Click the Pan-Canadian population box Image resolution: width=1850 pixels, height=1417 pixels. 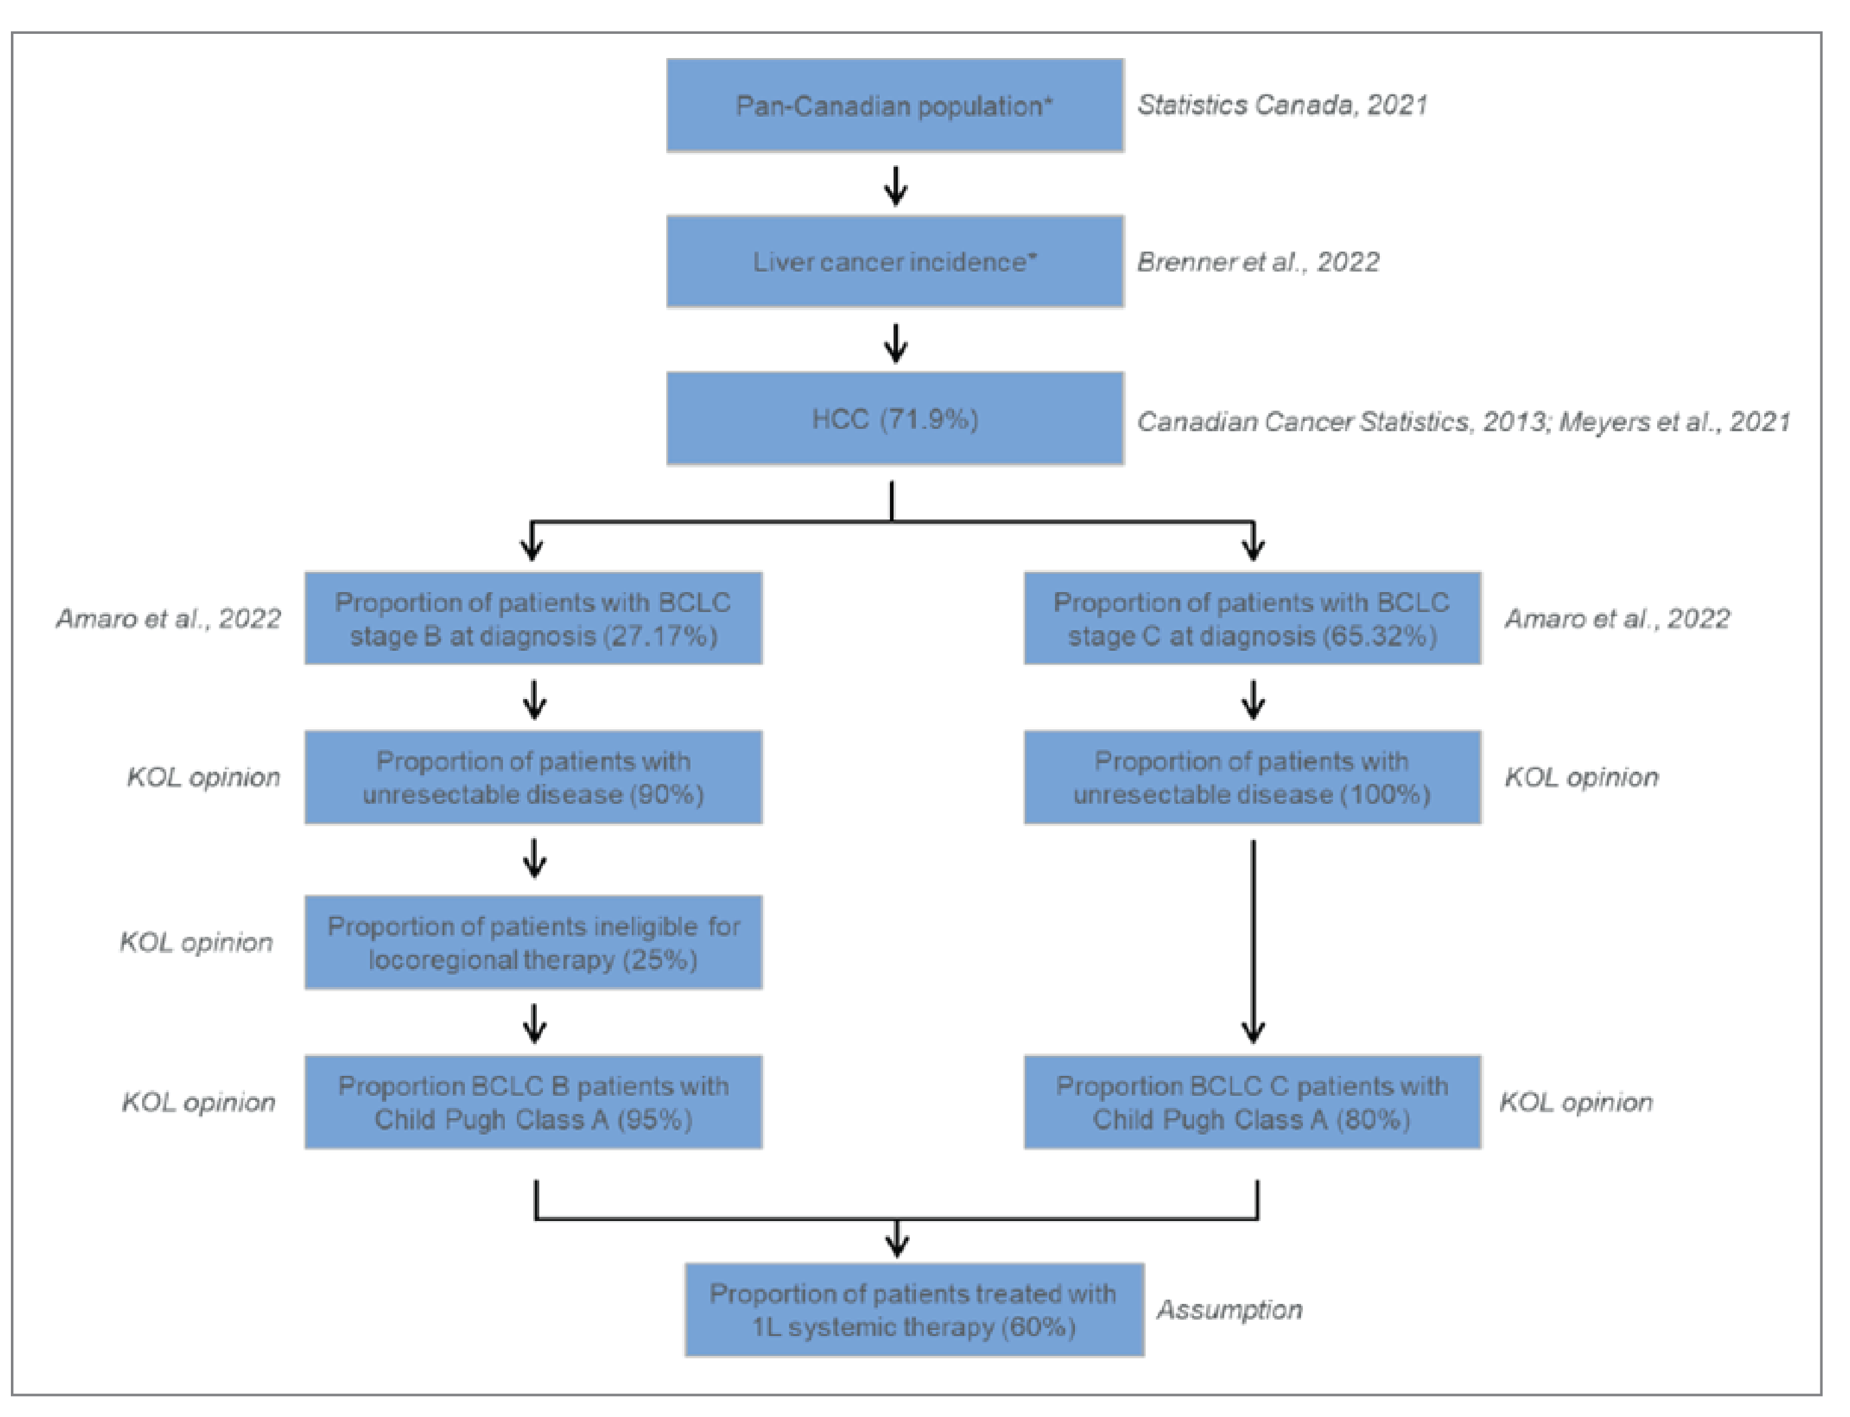tap(895, 105)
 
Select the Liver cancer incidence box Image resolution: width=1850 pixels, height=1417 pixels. tap(895, 261)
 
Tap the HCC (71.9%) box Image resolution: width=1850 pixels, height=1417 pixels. tap(895, 419)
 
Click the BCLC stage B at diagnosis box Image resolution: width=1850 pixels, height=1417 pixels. tap(533, 618)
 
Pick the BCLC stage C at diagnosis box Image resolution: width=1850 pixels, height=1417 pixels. tap(1252, 618)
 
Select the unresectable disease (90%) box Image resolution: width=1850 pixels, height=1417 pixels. tap(533, 777)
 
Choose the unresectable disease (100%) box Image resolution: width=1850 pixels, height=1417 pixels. tap(1252, 777)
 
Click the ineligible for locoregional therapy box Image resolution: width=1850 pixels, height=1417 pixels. tap(533, 942)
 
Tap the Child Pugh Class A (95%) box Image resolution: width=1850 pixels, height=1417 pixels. tap(533, 1101)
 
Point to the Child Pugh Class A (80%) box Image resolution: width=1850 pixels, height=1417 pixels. tap(1252, 1101)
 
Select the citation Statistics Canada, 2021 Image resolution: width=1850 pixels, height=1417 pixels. tap(1282, 105)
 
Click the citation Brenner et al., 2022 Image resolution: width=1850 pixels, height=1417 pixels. tap(1258, 261)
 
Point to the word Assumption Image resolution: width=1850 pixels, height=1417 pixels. tap(1229, 1309)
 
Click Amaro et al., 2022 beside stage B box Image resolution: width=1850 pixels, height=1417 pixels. tap(168, 618)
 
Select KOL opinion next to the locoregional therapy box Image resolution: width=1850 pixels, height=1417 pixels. tap(196, 942)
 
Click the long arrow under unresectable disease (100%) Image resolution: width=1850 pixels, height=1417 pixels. tap(1253, 940)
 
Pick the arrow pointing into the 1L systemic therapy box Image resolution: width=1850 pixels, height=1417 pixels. tap(897, 1238)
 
